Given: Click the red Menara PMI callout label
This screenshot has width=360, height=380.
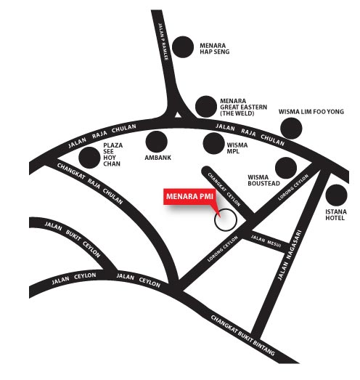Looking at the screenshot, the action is [x=189, y=196].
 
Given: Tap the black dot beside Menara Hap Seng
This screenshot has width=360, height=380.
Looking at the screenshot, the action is [x=183, y=47].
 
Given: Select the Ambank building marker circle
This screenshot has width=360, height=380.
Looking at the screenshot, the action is [x=156, y=142].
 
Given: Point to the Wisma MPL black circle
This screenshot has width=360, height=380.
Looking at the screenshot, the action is [x=214, y=143].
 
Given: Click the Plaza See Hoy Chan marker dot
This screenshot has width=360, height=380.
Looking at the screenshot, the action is [x=89, y=158].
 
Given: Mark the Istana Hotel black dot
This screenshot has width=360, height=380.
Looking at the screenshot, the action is [x=337, y=195].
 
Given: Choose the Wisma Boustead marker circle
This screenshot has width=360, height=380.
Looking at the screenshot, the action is [x=286, y=168].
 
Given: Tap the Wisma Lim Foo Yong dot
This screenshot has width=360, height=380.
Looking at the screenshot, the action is [x=291, y=129].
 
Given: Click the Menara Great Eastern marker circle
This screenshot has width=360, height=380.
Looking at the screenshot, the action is [x=206, y=106].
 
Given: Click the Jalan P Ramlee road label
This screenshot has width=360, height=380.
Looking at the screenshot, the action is [x=163, y=41].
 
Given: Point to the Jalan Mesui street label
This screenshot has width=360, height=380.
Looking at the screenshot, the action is [x=266, y=241].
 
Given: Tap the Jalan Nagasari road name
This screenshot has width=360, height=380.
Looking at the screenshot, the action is [x=290, y=255].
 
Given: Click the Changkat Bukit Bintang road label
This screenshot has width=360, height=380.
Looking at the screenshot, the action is [x=243, y=335].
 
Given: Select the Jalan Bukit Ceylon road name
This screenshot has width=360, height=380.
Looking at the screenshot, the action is [x=73, y=239].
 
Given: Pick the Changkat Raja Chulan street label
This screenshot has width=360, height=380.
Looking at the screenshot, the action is [x=90, y=183].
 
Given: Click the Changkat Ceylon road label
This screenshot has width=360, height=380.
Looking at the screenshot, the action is [x=224, y=190].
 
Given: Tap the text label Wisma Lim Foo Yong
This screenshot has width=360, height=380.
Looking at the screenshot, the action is [x=311, y=112].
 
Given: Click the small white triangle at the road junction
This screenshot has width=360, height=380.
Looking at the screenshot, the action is [x=178, y=115].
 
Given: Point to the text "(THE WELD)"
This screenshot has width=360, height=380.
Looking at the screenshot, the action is [x=237, y=113].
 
